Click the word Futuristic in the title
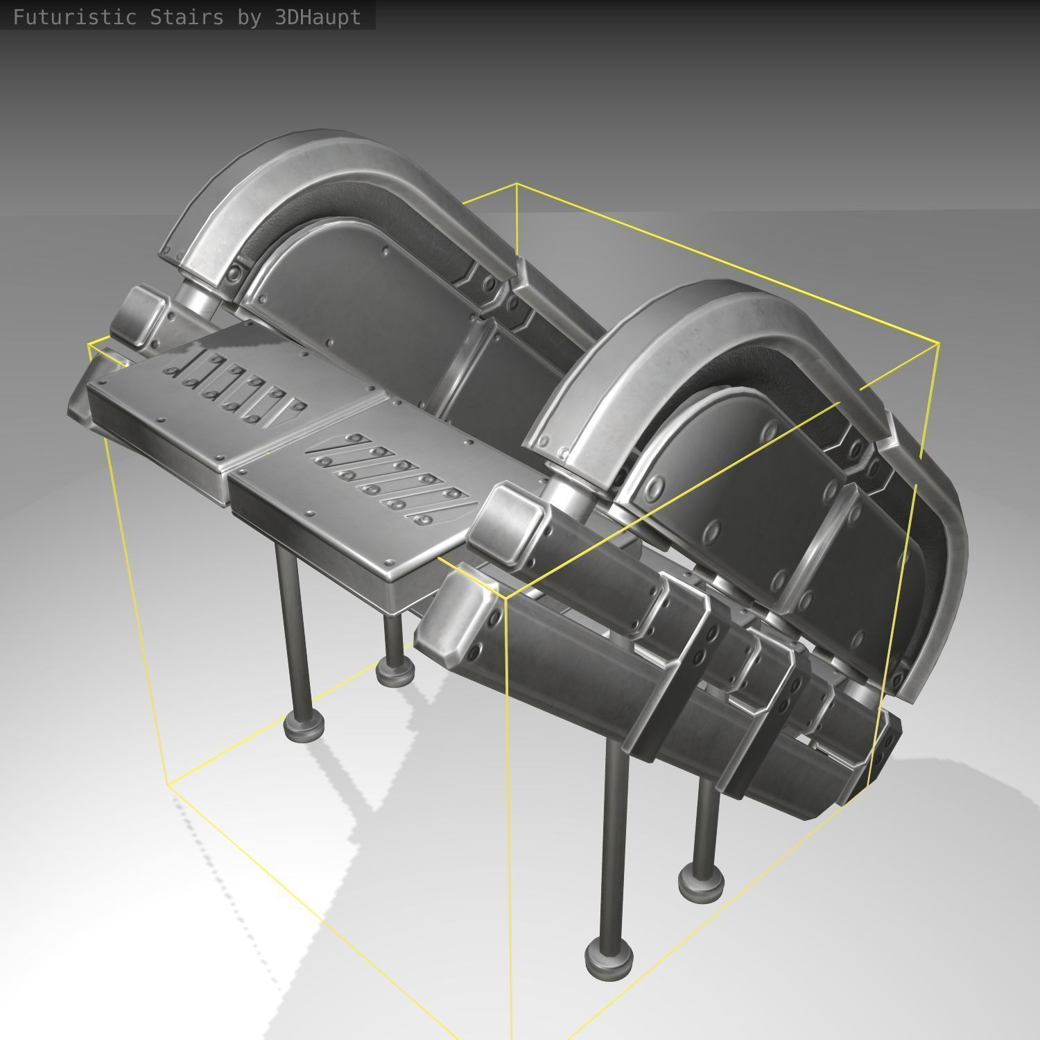pyautogui.click(x=74, y=17)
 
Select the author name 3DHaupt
pyautogui.click(x=318, y=17)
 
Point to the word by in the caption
pyautogui.click(x=250, y=17)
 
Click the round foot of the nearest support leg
pyautogui.click(x=609, y=957)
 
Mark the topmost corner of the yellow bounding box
pyautogui.click(x=516, y=184)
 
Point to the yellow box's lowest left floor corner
pyautogui.click(x=168, y=783)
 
